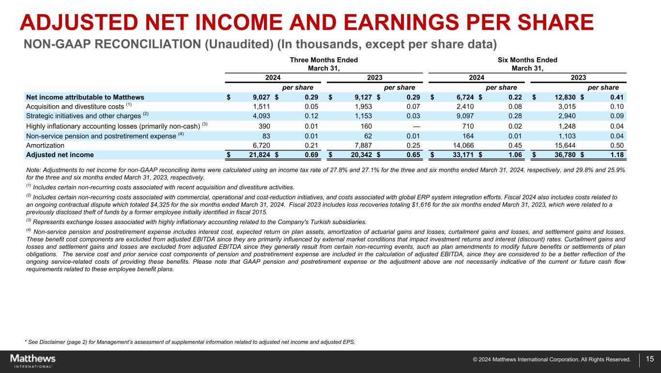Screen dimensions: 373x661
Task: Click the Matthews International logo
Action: tap(33, 360)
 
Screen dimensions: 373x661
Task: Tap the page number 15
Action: tap(650, 359)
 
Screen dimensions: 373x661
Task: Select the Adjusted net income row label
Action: tap(60, 155)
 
